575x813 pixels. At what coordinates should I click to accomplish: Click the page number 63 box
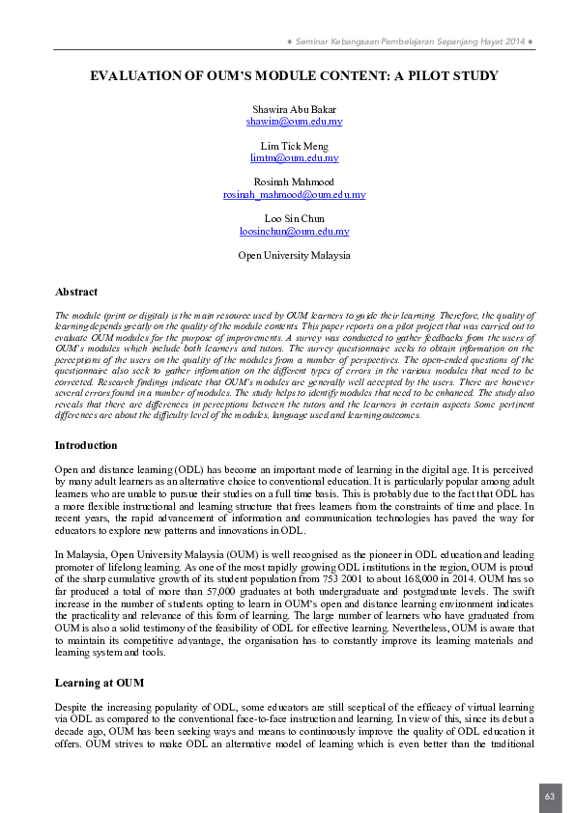point(550,797)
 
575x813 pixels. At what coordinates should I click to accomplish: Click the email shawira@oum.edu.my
point(294,122)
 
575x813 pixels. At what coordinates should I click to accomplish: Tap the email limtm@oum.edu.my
point(294,157)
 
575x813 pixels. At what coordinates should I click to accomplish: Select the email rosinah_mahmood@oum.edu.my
point(294,194)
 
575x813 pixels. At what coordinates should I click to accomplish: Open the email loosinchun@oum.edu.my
point(294,232)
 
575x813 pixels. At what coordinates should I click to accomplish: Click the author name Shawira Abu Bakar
point(294,109)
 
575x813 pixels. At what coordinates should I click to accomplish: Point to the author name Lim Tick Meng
point(294,146)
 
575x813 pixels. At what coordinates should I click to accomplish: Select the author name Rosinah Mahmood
point(294,182)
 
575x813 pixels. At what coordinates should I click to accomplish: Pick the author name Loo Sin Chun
point(294,219)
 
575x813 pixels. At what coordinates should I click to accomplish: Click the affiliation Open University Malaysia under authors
point(294,256)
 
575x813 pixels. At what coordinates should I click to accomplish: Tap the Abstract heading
point(76,292)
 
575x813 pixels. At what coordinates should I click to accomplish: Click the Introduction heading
point(86,445)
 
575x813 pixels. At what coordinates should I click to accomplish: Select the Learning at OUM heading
point(100,683)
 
